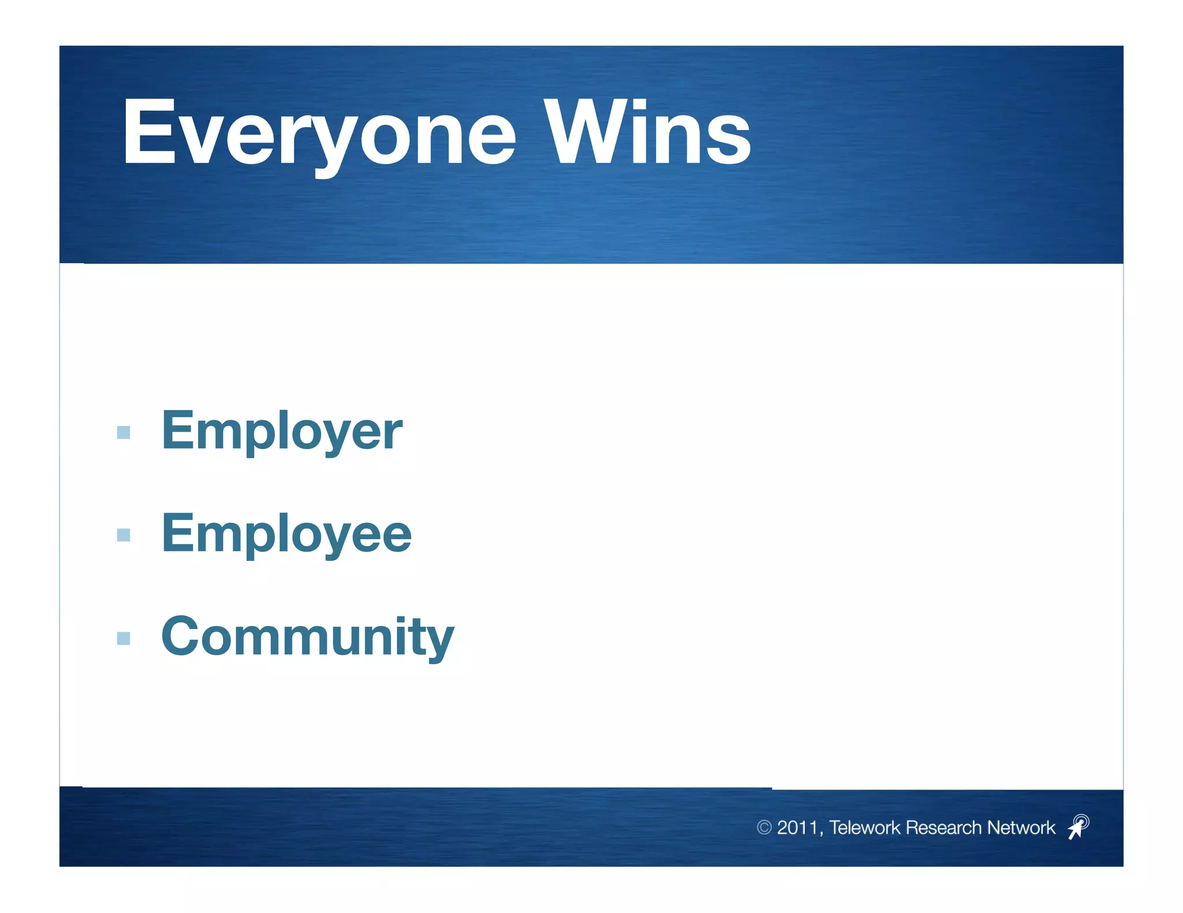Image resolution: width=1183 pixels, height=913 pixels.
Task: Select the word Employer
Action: [281, 431]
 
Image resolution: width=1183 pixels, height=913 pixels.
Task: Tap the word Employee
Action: [286, 534]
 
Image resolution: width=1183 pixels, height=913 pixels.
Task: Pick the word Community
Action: [307, 637]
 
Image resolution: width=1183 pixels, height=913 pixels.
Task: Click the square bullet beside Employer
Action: [124, 432]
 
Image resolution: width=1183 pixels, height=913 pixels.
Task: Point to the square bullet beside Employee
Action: [124, 535]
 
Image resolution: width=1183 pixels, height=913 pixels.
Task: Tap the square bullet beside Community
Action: [124, 638]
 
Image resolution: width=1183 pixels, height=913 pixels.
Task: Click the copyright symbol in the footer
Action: [764, 828]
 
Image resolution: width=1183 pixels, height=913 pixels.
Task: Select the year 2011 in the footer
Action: [797, 828]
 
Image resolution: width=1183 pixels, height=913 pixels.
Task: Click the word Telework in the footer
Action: [865, 828]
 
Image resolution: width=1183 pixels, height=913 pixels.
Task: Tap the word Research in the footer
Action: [944, 828]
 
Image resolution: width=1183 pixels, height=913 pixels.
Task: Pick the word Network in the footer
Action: [1021, 828]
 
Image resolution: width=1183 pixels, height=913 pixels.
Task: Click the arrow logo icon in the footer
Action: [1078, 827]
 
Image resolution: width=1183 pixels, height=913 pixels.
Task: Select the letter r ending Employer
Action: [394, 434]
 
